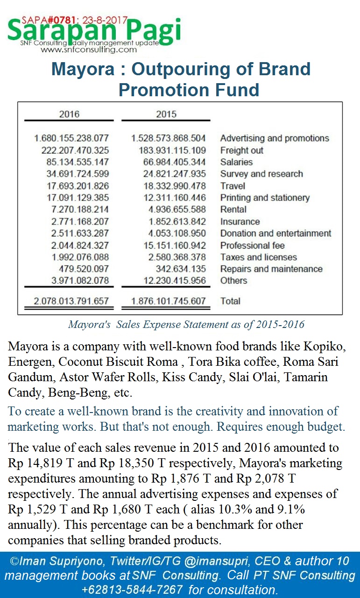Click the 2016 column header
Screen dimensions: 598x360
tap(69, 114)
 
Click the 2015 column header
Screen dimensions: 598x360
tap(166, 114)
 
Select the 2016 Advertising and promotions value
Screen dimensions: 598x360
tap(71, 138)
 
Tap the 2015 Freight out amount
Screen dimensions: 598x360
tap(172, 150)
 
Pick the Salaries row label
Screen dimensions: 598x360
tap(236, 162)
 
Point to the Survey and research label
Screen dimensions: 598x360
tap(261, 174)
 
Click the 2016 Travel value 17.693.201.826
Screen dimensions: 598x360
tap(75, 186)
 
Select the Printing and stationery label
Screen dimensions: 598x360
tap(265, 198)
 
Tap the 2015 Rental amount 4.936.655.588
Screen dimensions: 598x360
tap(175, 209)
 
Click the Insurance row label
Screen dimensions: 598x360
tap(240, 221)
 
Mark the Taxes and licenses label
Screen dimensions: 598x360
tap(258, 257)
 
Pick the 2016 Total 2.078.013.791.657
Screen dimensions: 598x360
tap(71, 301)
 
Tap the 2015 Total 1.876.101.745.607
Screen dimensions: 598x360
tap(169, 301)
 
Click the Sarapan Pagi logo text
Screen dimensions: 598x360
tap(93, 31)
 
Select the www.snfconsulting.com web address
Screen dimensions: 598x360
tap(92, 50)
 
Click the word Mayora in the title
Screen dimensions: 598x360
tap(82, 69)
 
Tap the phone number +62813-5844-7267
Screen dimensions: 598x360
tap(132, 590)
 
